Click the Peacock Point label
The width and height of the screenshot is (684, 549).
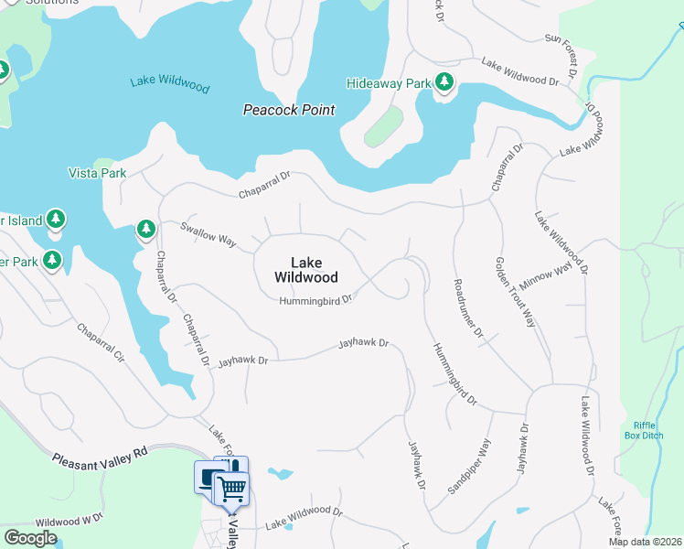[x=288, y=110]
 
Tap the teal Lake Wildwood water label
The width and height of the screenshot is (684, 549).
[x=169, y=84]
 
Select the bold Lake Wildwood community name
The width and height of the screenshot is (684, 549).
[x=306, y=270]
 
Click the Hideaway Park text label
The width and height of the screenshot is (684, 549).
[x=389, y=83]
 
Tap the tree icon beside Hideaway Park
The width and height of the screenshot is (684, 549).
[x=444, y=83]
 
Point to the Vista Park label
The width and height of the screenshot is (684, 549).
[x=97, y=173]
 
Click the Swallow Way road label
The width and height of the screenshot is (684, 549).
[x=208, y=234]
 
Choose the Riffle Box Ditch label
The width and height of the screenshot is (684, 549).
[x=649, y=430]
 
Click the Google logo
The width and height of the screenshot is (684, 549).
[x=30, y=538]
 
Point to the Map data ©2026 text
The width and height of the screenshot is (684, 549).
[x=646, y=542]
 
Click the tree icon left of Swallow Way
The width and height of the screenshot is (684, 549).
[x=145, y=229]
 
